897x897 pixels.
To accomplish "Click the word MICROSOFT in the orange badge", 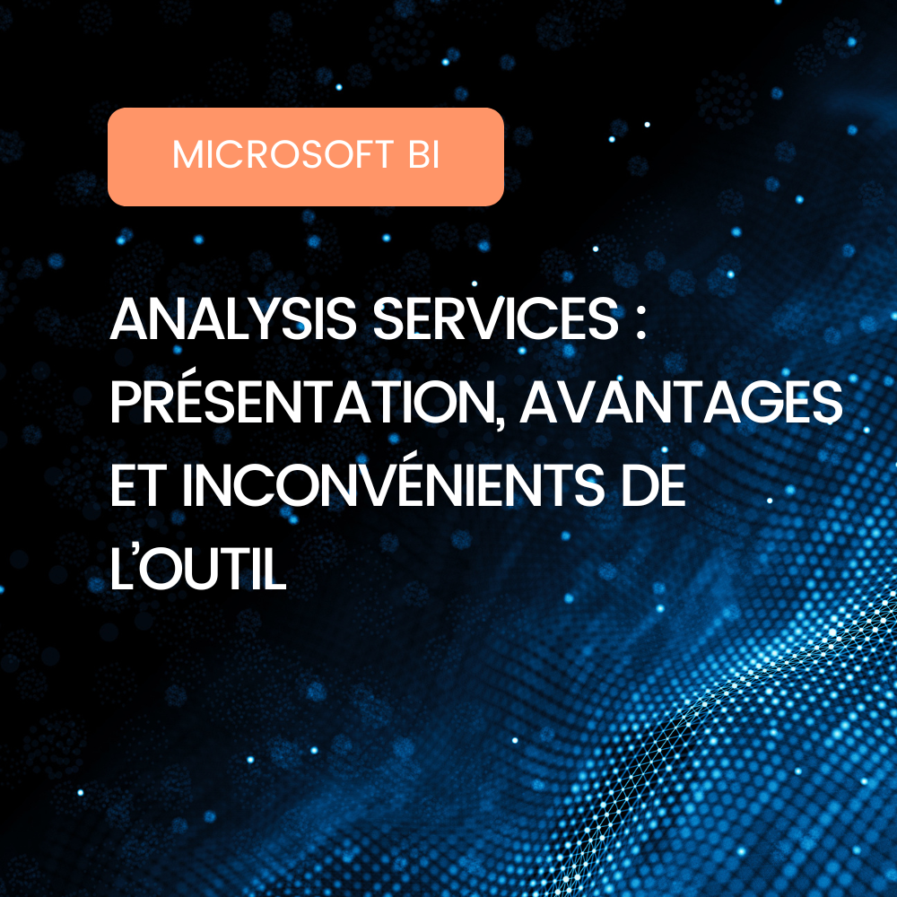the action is pyautogui.click(x=283, y=154).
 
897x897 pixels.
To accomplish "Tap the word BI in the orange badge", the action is pyautogui.click(x=424, y=154).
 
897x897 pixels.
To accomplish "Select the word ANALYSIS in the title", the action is pyautogui.click(x=233, y=319).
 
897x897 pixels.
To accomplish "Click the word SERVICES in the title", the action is pyautogui.click(x=495, y=319).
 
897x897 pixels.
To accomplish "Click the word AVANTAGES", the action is pyautogui.click(x=681, y=403).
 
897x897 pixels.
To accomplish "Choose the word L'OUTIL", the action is pyautogui.click(x=198, y=570).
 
